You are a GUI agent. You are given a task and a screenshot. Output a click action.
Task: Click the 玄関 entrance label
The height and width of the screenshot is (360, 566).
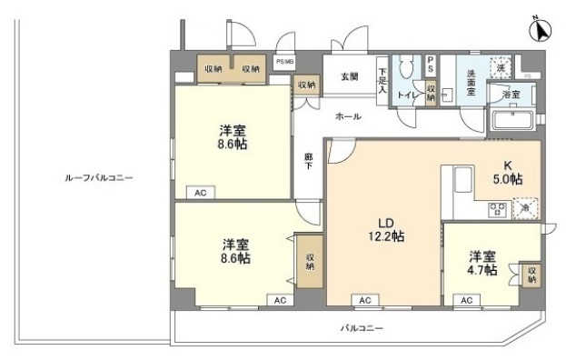(x=350, y=76)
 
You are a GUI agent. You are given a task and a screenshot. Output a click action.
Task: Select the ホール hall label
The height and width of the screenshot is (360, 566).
(x=348, y=115)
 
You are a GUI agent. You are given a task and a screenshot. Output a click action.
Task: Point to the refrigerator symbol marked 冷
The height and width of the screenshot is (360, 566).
(x=526, y=210)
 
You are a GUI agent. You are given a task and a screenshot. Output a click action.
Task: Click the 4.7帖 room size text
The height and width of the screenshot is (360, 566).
(x=482, y=271)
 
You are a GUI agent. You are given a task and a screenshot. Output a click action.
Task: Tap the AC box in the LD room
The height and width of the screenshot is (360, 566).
(x=364, y=300)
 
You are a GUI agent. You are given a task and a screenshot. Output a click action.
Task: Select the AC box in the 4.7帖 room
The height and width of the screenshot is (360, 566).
(x=467, y=300)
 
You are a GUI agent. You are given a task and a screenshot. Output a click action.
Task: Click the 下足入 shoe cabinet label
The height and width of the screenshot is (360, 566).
(x=382, y=80)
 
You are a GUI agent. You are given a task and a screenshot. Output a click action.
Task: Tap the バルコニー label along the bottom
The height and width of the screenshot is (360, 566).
(x=362, y=327)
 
